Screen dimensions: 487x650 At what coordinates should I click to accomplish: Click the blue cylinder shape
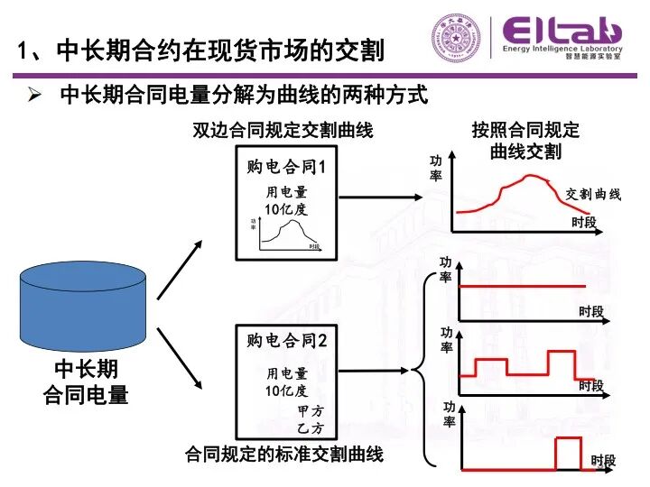82,306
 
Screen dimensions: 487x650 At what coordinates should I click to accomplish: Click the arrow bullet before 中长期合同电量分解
35,95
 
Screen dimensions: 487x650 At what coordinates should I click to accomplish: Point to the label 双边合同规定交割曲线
283,132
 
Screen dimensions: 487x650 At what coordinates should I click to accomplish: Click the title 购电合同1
285,169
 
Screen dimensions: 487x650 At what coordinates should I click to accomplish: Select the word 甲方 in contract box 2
309,411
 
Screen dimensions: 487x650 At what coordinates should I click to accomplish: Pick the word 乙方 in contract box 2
309,427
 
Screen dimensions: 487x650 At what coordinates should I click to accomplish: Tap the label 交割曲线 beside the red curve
593,195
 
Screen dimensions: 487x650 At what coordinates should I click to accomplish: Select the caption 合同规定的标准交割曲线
283,454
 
